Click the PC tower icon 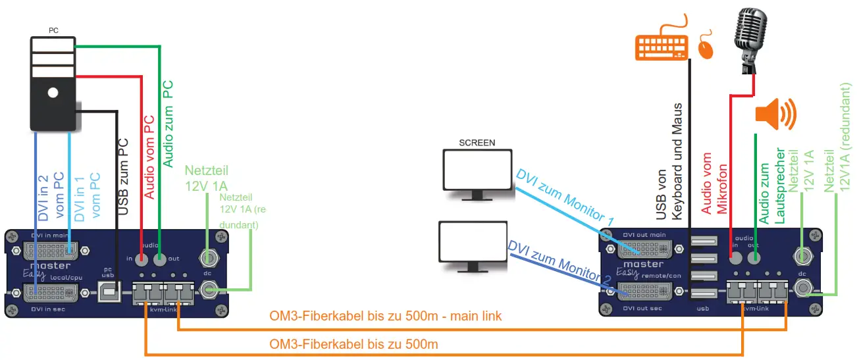(53, 82)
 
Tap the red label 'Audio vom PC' (149, 157)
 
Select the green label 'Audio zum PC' (168, 123)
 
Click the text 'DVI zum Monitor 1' (565, 199)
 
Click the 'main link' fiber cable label (386, 317)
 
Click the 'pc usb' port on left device (109, 290)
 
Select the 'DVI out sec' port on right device (644, 291)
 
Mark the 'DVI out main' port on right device (644, 249)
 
